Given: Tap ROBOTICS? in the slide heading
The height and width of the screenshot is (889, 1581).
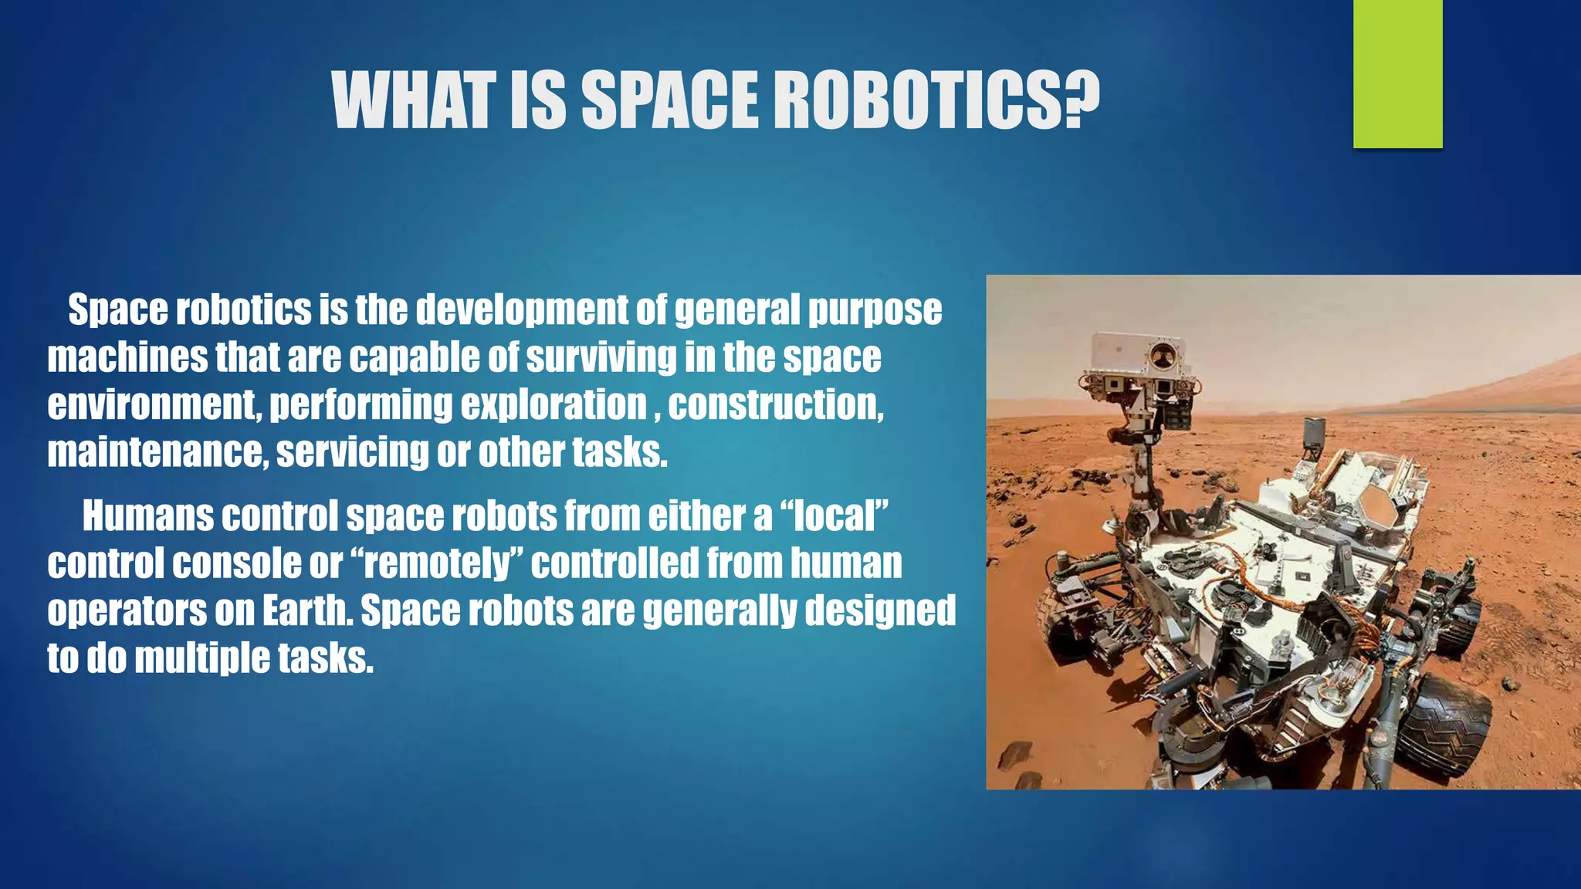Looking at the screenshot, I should pyautogui.click(x=936, y=100).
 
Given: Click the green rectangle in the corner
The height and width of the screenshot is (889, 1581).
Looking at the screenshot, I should pyautogui.click(x=1397, y=74).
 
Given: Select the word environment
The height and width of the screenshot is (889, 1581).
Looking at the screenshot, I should pyautogui.click(x=151, y=405).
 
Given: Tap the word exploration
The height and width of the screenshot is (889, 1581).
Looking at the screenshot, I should pyautogui.click(x=554, y=405).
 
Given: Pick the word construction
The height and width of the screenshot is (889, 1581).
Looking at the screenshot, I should pyautogui.click(x=775, y=405).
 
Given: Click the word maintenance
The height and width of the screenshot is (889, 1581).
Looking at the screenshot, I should pyautogui.click(x=154, y=453).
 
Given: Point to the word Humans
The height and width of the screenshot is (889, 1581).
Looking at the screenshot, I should pyautogui.click(x=147, y=516).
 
